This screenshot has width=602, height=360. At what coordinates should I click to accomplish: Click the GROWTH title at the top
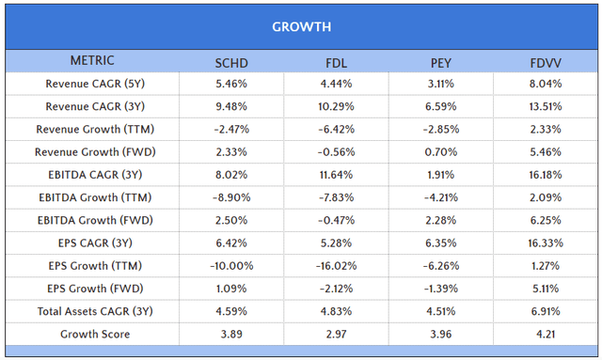301,26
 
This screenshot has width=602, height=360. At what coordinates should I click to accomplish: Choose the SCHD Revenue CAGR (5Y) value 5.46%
232,84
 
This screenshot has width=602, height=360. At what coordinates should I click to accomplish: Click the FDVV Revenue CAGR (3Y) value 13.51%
547,106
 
